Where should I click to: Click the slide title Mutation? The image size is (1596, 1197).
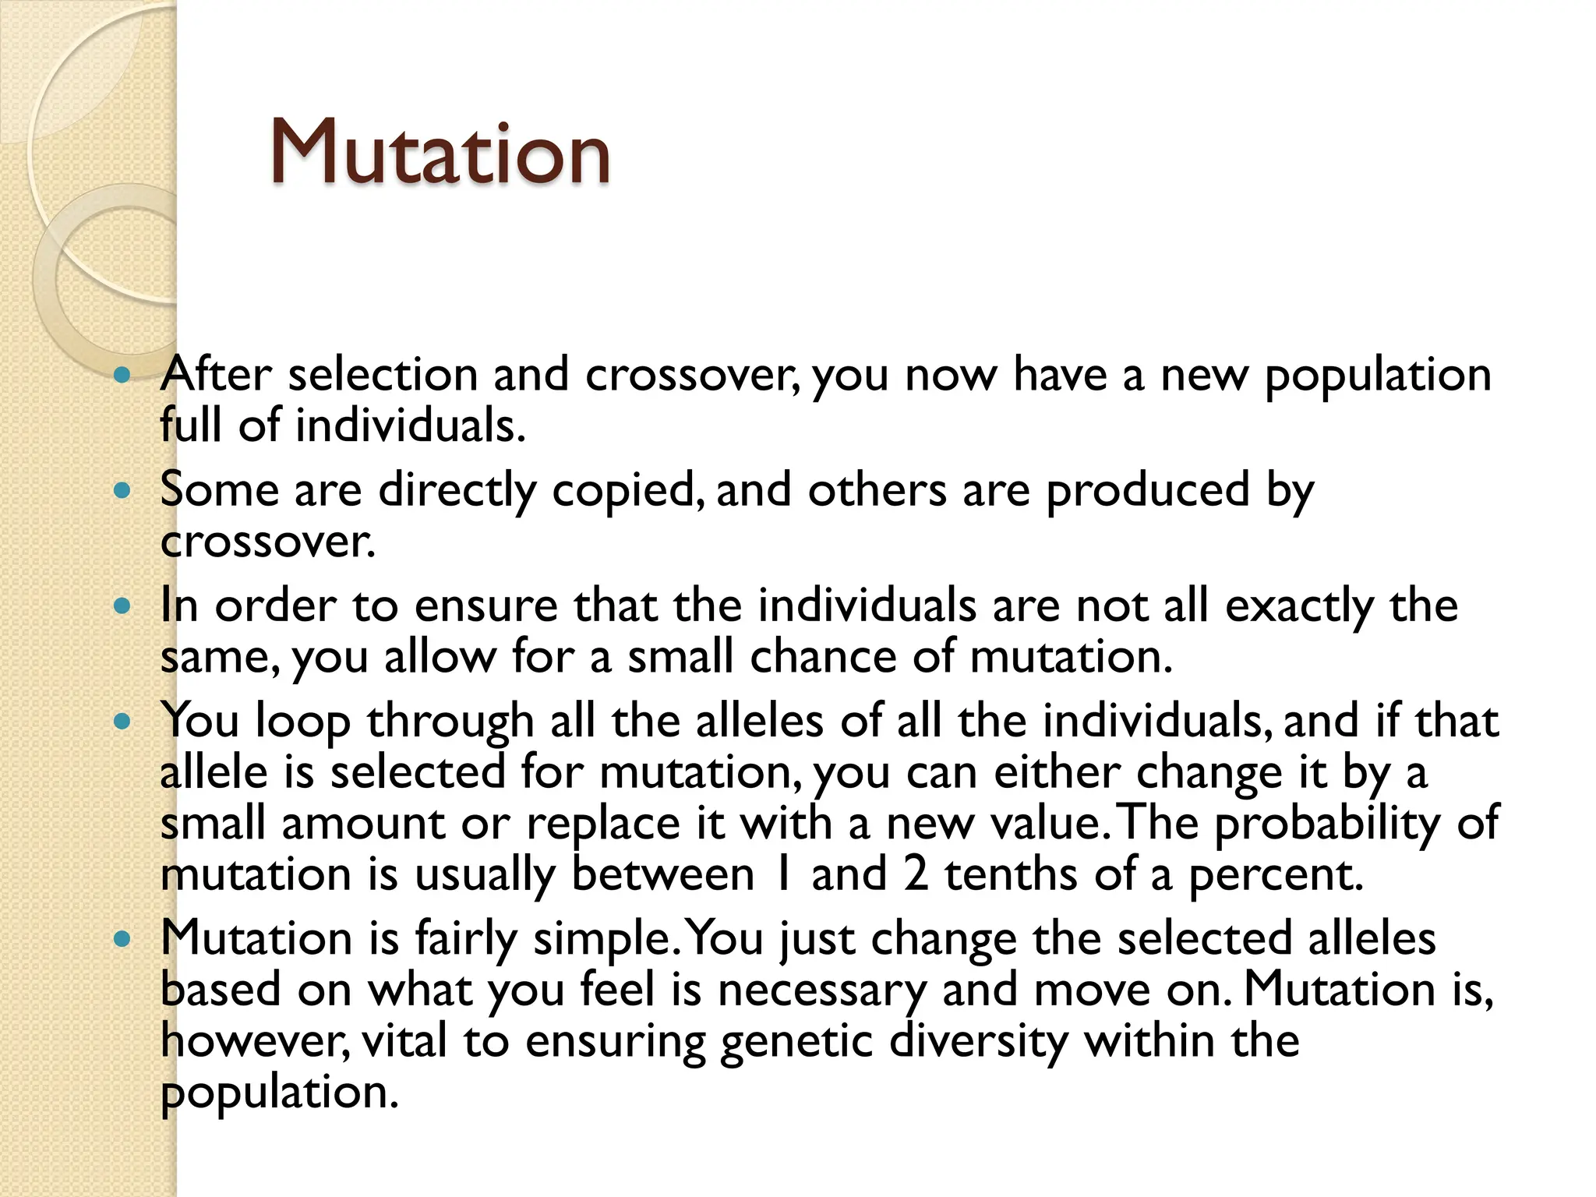click(440, 153)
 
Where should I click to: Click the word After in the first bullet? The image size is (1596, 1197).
click(216, 374)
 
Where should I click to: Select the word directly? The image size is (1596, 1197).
click(457, 491)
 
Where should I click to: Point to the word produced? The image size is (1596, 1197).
click(1147, 491)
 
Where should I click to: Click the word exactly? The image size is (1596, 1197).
click(1299, 606)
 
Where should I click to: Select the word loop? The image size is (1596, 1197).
click(302, 721)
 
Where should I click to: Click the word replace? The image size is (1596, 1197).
click(603, 824)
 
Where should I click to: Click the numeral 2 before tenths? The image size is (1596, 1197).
click(916, 874)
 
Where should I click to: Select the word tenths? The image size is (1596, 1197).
click(1011, 874)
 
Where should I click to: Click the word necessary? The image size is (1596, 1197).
click(821, 990)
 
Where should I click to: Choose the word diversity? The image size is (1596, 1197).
click(978, 1042)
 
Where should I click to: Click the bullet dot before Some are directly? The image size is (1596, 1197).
click(122, 491)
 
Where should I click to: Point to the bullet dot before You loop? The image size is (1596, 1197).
click(122, 721)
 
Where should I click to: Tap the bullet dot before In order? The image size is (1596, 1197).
click(122, 606)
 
